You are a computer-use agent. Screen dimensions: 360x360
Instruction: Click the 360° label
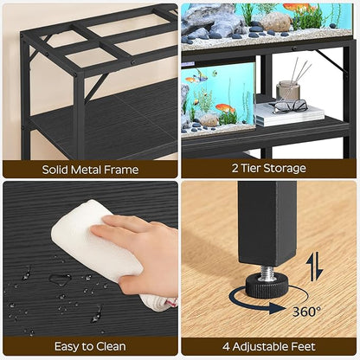(305, 311)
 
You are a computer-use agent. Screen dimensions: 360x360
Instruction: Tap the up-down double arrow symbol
(315, 265)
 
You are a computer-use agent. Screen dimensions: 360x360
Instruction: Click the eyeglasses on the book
(290, 106)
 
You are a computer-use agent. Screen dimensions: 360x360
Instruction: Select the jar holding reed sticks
(288, 88)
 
